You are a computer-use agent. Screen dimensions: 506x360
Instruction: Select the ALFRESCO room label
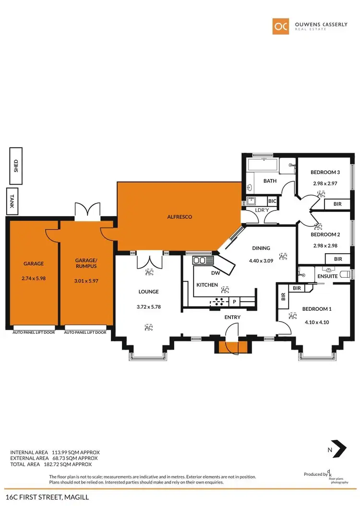point(180,217)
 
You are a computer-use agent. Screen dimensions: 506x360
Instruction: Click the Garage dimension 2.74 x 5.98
point(33,278)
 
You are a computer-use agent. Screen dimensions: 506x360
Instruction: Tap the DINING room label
point(261,248)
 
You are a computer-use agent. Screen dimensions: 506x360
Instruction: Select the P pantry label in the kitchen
point(235,301)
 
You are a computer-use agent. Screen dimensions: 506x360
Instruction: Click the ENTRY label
point(232,317)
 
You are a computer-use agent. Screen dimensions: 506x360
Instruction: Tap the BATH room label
point(270,181)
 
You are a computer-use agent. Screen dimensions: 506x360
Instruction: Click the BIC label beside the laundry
point(272,201)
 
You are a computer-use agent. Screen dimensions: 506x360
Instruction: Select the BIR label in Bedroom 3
point(337,204)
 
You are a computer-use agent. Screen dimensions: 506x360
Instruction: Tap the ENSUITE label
point(327,276)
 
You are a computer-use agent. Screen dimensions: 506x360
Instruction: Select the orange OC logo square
point(281,26)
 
